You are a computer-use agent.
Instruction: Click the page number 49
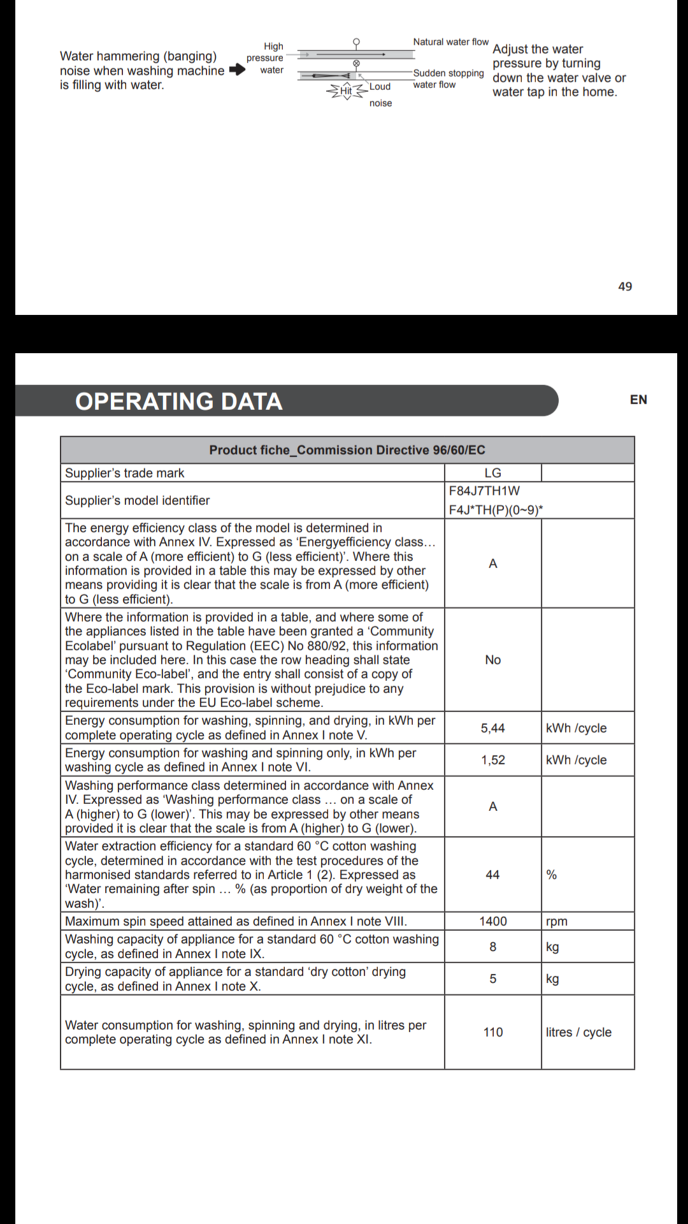coord(625,287)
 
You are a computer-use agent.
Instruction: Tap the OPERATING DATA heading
coord(179,402)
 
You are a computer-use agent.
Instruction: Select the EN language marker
coord(638,400)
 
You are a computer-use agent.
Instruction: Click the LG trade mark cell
coord(492,473)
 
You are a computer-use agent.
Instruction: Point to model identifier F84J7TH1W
coord(484,491)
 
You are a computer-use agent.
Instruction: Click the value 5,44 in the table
coord(492,728)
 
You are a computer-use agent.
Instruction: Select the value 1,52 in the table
coord(492,760)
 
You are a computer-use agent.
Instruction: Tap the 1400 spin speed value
coord(493,921)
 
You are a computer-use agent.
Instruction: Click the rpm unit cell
coord(557,921)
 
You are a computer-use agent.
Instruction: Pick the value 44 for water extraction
coord(492,875)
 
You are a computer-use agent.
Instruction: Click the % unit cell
coord(552,875)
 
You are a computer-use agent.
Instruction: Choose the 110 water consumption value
coord(493,1032)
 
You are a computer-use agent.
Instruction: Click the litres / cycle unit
coord(578,1032)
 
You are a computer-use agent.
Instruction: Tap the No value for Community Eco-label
coord(493,660)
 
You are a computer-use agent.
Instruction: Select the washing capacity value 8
coord(492,947)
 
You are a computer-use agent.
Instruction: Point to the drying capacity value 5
coord(492,979)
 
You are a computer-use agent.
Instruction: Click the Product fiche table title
coord(347,450)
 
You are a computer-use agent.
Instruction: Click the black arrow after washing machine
coord(237,70)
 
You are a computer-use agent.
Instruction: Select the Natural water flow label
coord(450,42)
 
